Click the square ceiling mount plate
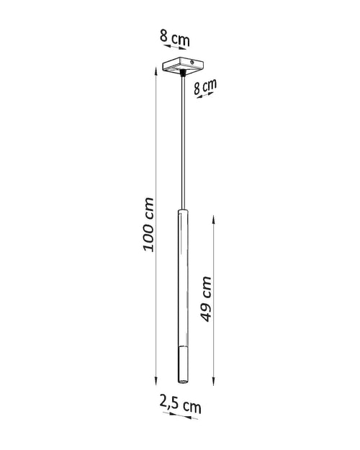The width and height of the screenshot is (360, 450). tap(179, 66)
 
